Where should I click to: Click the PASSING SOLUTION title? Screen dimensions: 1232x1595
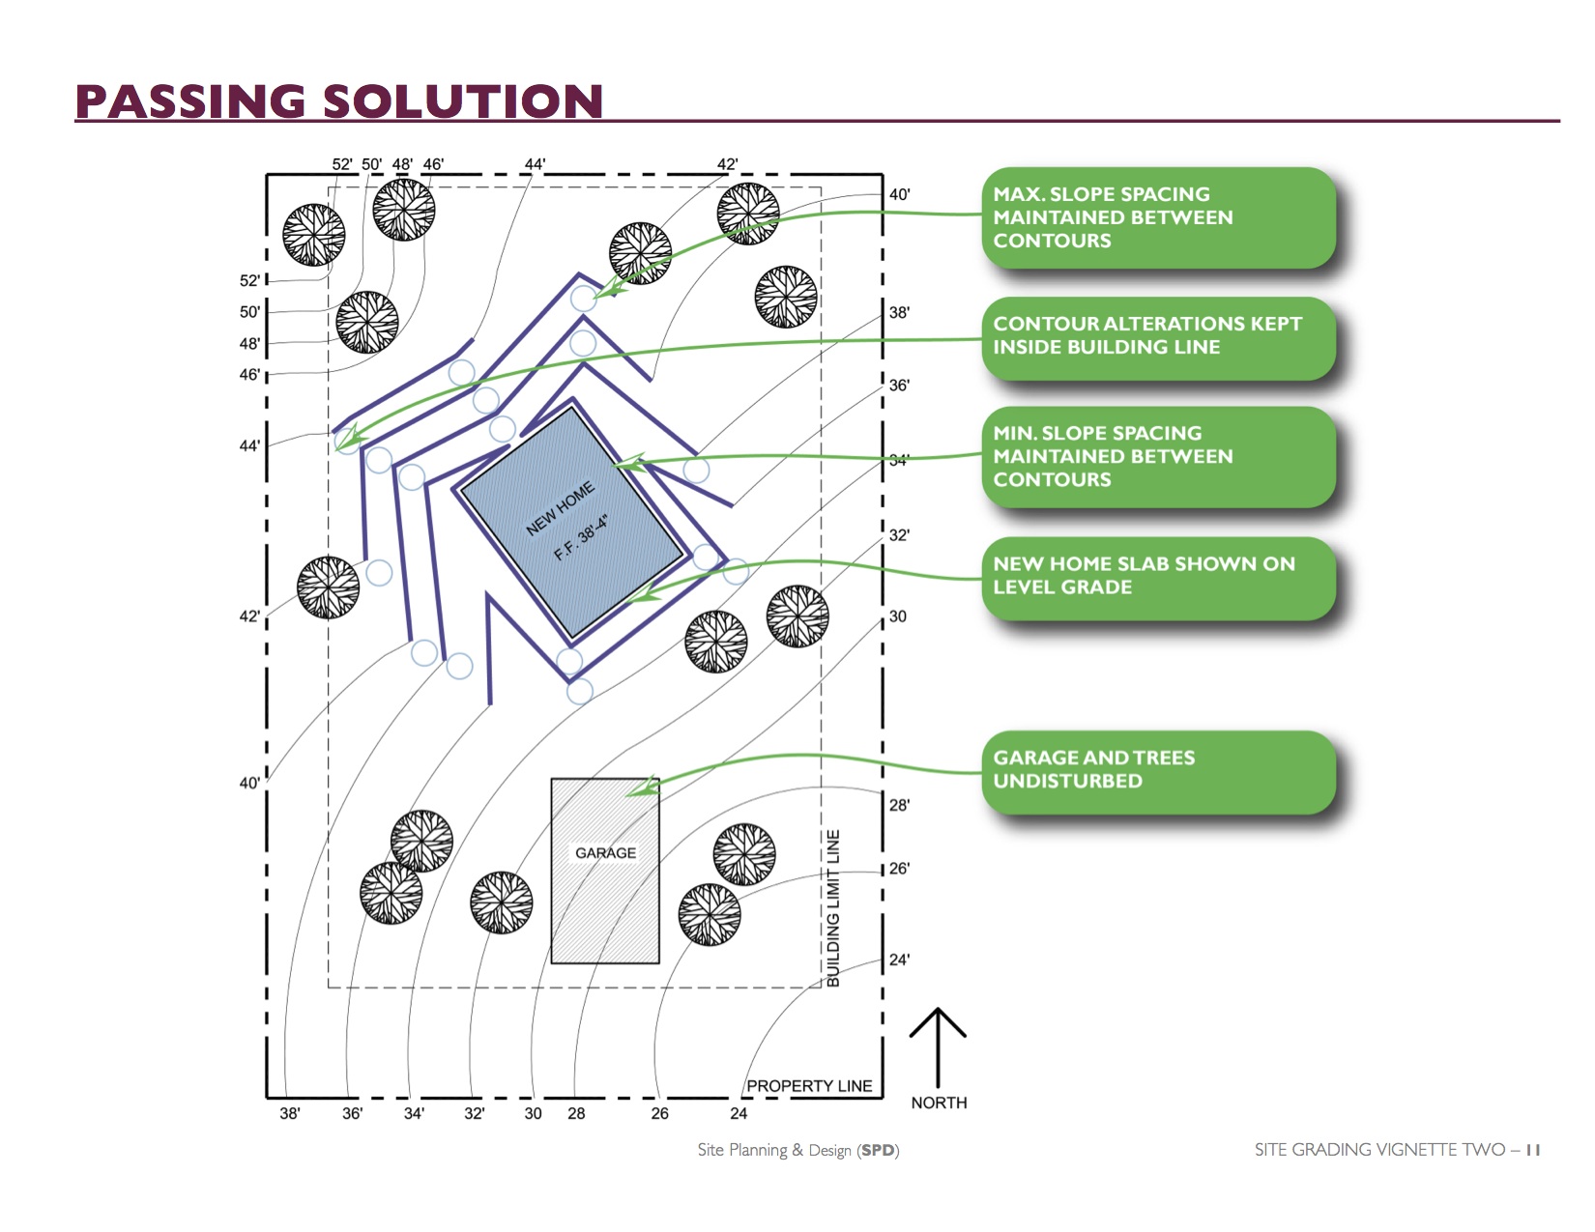click(x=338, y=101)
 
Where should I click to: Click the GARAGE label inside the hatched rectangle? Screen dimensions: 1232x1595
click(x=605, y=853)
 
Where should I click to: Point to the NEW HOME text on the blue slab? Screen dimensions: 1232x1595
click(x=560, y=509)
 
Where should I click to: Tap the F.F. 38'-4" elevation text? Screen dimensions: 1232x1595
click(x=581, y=538)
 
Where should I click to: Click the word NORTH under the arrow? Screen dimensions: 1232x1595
click(x=939, y=1103)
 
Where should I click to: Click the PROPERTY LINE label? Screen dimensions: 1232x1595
click(x=809, y=1086)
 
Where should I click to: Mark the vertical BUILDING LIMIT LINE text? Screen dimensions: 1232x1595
click(x=833, y=908)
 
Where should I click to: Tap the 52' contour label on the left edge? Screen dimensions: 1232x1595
click(x=249, y=281)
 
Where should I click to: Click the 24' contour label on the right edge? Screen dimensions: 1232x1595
click(x=899, y=960)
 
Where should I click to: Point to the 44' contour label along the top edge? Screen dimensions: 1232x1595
click(x=535, y=164)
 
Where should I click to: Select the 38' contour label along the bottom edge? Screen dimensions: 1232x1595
click(x=290, y=1114)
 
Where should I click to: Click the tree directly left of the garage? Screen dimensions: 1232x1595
click(x=501, y=903)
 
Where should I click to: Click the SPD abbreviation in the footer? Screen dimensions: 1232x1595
click(x=878, y=1150)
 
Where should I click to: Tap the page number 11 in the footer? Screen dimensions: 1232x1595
click(x=1533, y=1150)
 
